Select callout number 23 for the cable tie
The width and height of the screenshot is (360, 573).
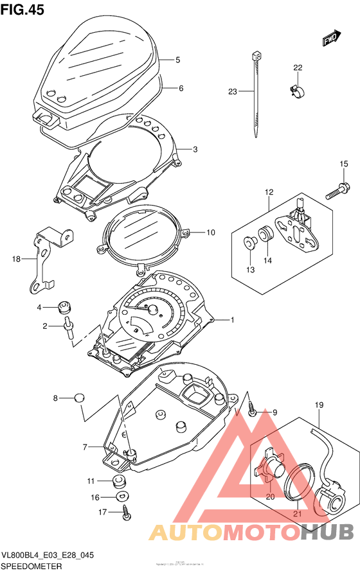click(232, 92)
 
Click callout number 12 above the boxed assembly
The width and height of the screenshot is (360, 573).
click(269, 192)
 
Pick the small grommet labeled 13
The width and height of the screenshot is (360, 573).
click(250, 242)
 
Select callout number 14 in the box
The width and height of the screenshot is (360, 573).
click(266, 260)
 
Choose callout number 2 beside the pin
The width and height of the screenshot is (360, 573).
click(46, 326)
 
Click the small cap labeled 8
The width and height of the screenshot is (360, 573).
click(79, 397)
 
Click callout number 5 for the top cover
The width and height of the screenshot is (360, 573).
click(177, 60)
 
